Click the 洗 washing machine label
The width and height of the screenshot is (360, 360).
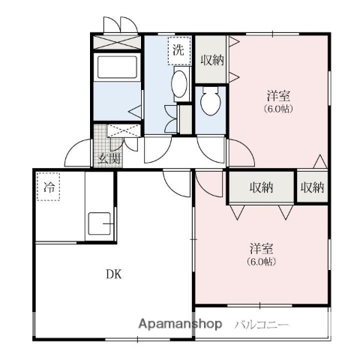pyautogui.click(x=178, y=51)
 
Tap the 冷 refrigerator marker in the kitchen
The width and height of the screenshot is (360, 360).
pyautogui.click(x=49, y=188)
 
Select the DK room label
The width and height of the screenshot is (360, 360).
pyautogui.click(x=112, y=273)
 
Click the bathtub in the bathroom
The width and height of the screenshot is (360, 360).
pyautogui.click(x=116, y=68)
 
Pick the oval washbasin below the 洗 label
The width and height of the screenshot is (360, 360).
pyautogui.click(x=180, y=85)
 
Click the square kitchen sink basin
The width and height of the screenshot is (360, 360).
pyautogui.click(x=99, y=223)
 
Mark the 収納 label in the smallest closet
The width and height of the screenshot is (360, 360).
pyautogui.click(x=313, y=187)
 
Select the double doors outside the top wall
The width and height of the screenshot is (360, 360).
pyautogui.click(x=117, y=24)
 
